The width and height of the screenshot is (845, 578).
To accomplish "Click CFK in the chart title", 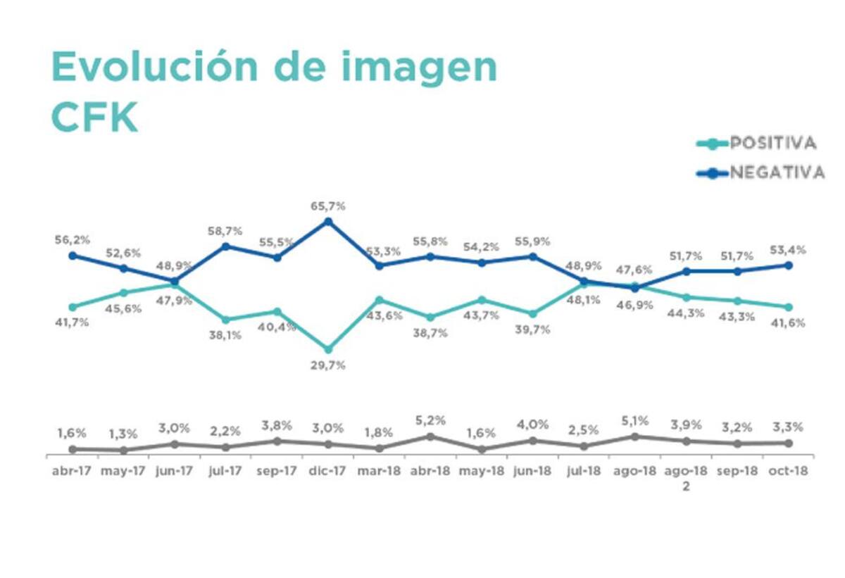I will pyautogui.click(x=94, y=118).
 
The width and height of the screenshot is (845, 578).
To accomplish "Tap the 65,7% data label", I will pyautogui.click(x=327, y=206).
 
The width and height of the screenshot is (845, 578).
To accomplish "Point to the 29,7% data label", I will pyautogui.click(x=327, y=365).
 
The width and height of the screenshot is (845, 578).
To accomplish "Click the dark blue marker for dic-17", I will pyautogui.click(x=327, y=222).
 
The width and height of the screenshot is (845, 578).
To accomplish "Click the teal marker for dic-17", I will pyautogui.click(x=327, y=349).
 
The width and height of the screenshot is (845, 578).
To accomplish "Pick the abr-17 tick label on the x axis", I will pyautogui.click(x=72, y=472).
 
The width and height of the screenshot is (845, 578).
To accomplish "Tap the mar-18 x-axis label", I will pyautogui.click(x=379, y=472).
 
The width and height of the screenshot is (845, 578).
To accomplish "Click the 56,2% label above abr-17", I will pyautogui.click(x=72, y=240).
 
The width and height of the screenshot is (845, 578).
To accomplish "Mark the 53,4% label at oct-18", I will pyautogui.click(x=788, y=250).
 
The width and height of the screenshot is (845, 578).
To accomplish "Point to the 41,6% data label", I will pyautogui.click(x=788, y=323).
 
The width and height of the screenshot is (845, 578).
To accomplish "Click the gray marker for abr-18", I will pyautogui.click(x=430, y=436).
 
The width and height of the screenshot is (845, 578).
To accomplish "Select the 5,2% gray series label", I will pyautogui.click(x=430, y=421).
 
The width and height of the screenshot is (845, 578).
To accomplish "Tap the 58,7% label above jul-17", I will pyautogui.click(x=225, y=231).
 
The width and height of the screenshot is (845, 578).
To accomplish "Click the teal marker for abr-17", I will pyautogui.click(x=72, y=307).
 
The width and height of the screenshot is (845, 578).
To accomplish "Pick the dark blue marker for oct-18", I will pyautogui.click(x=789, y=265).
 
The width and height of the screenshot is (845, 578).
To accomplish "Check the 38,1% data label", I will pyautogui.click(x=225, y=335).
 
